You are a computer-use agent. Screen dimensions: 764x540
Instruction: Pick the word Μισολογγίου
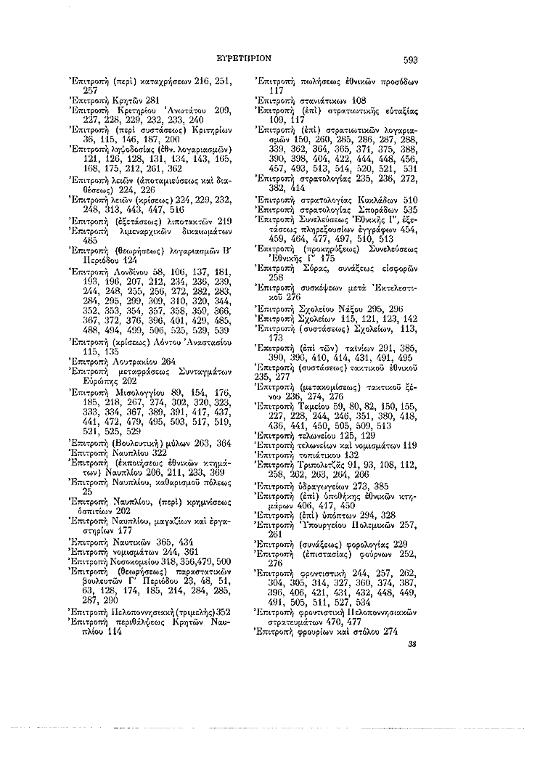(136, 393)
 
